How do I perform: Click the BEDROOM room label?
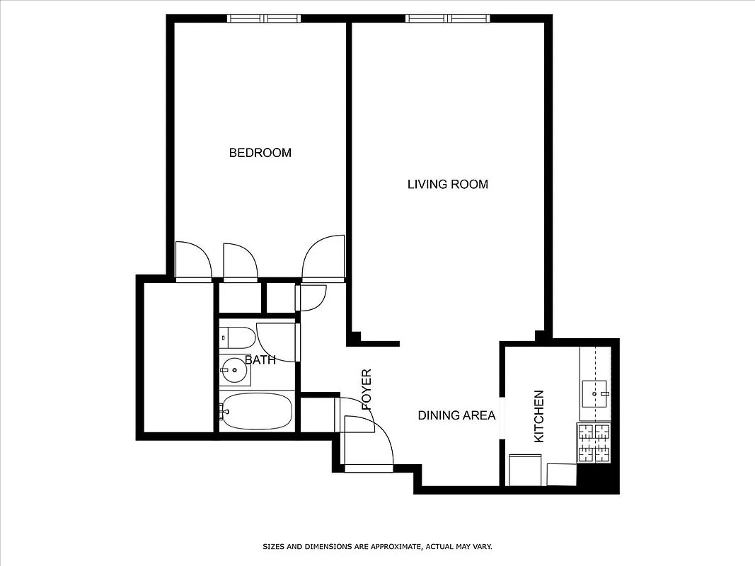tap(260, 153)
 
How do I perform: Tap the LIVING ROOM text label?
tap(447, 185)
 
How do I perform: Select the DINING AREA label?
tap(456, 415)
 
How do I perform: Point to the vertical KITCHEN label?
tap(538, 416)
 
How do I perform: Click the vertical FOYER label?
tap(367, 389)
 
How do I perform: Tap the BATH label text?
tap(260, 360)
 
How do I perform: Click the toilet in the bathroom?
tap(237, 338)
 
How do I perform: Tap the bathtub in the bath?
tap(255, 411)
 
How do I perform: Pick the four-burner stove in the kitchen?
tap(594, 442)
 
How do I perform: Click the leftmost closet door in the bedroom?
tap(193, 261)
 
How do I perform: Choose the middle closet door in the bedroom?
tap(240, 262)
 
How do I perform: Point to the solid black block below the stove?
tap(599, 478)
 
